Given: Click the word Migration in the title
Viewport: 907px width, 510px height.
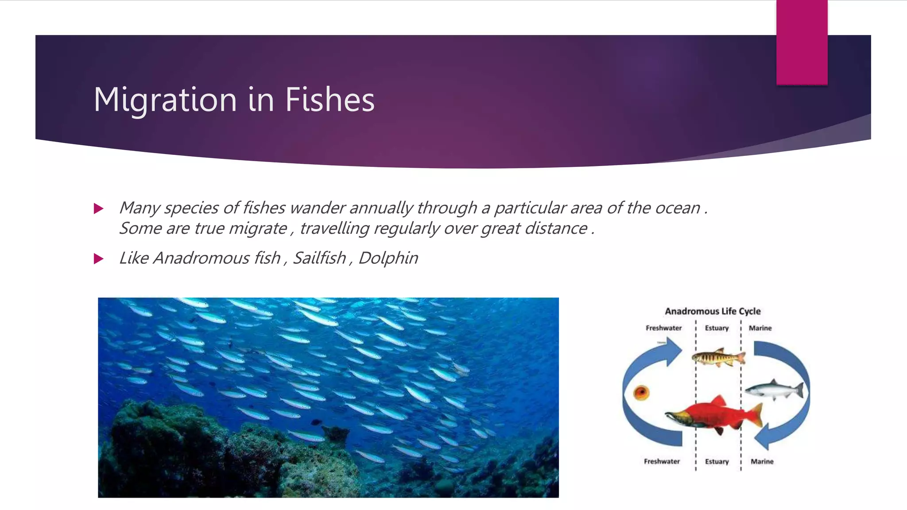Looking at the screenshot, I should (166, 100).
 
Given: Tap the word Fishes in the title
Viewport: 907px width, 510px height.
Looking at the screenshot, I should (329, 99).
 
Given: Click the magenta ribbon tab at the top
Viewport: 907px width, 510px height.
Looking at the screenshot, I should (802, 42).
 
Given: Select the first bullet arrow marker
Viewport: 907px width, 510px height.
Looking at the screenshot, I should (99, 209).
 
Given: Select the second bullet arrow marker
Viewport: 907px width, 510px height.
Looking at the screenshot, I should (99, 259).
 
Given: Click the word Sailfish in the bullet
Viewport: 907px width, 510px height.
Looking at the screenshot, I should (319, 258).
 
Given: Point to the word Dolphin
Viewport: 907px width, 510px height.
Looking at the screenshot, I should (388, 258).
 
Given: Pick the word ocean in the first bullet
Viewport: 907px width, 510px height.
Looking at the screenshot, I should (677, 208).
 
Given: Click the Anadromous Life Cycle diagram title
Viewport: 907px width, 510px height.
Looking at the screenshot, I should (713, 311).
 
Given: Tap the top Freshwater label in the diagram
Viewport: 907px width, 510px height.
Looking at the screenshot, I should (663, 328).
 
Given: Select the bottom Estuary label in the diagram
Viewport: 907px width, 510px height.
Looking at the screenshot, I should (717, 461).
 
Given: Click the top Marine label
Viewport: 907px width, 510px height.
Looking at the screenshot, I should (760, 328).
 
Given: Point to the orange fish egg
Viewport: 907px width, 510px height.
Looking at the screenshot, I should (641, 392).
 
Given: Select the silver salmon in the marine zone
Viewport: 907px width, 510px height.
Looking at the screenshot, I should (774, 390).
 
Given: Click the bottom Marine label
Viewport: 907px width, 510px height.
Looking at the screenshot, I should (762, 461).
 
